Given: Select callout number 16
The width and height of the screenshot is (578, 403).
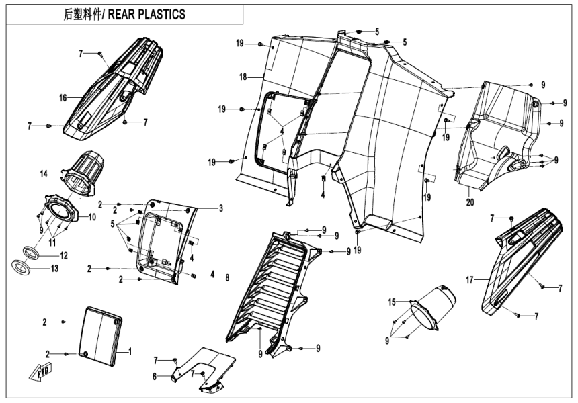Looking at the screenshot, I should click(63, 98).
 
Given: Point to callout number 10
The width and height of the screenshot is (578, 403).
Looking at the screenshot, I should click(92, 217).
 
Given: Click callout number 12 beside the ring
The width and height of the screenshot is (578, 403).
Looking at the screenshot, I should click(64, 256).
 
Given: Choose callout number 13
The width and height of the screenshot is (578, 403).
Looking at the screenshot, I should click(64, 269).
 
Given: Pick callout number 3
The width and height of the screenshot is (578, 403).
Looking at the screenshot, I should click(220, 208).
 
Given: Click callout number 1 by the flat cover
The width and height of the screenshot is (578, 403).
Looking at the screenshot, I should click(130, 351).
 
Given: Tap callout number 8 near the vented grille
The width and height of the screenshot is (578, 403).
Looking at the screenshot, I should click(228, 276).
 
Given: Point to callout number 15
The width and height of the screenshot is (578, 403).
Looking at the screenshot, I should click(393, 303).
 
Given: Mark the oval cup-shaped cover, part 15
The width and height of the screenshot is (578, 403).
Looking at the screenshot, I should click(430, 309).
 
